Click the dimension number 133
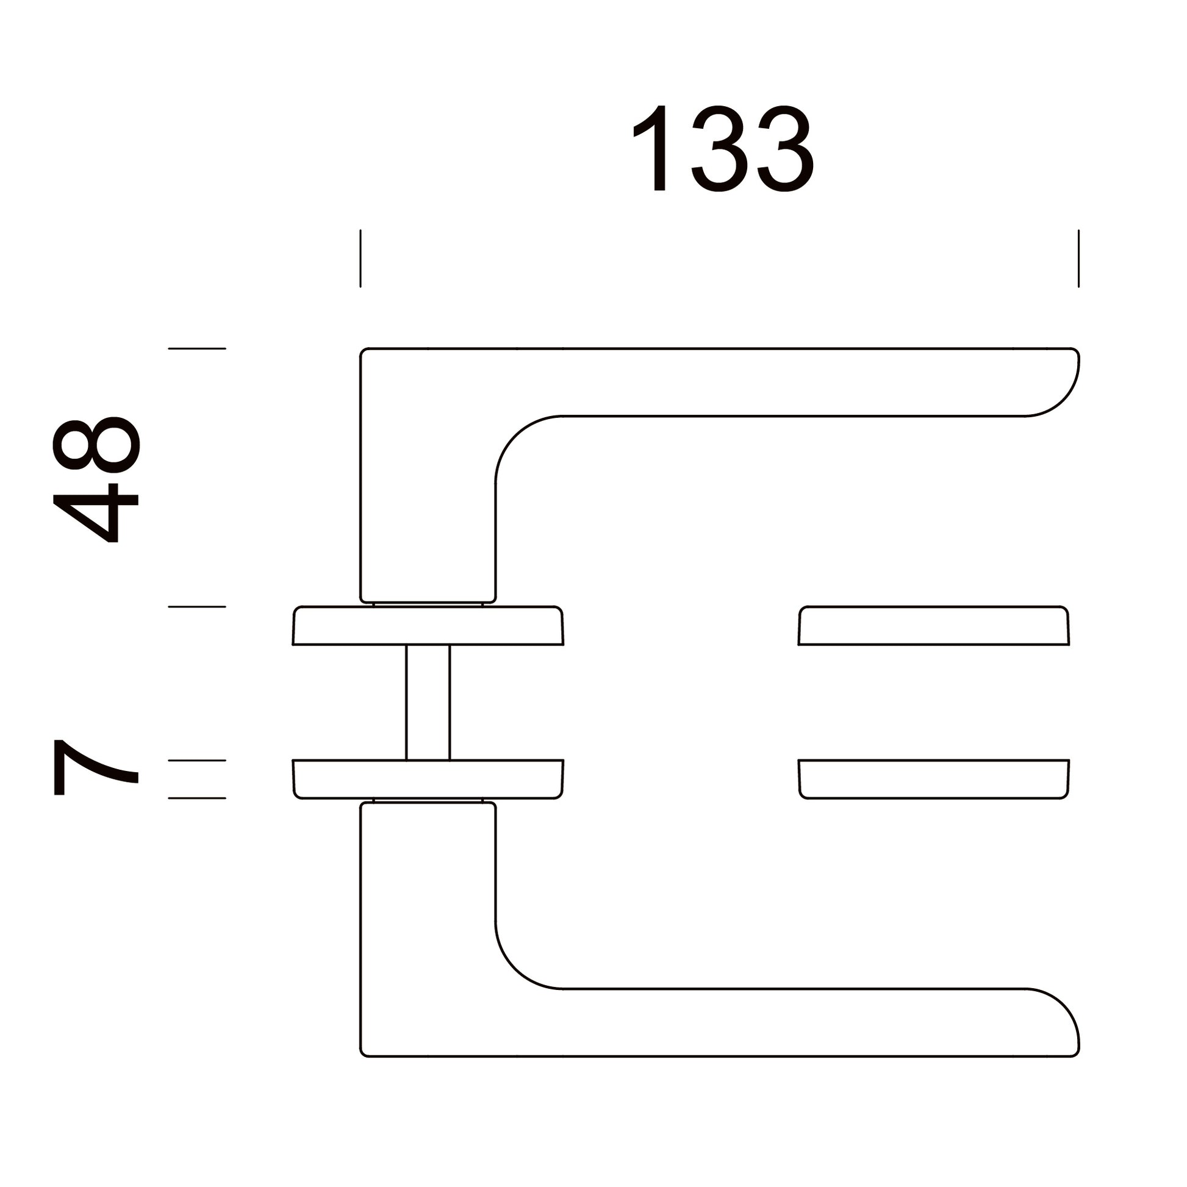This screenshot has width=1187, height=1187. click(x=723, y=149)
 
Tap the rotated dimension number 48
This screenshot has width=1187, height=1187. click(x=96, y=480)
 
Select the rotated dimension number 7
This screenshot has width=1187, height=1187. click(x=96, y=767)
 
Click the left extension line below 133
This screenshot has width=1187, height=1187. click(x=360, y=258)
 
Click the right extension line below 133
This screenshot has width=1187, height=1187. click(x=1078, y=258)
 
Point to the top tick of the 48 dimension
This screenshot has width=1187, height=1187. click(x=197, y=348)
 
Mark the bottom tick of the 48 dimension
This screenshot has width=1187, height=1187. click(x=197, y=607)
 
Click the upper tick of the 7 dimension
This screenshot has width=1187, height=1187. click(x=197, y=761)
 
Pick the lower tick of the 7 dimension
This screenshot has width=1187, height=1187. click(x=197, y=798)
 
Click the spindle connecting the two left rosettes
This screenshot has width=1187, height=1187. click(x=428, y=702)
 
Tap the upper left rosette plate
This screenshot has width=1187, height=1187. click(x=428, y=625)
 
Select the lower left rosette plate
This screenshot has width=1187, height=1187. click(x=428, y=780)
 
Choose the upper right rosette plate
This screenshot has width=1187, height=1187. click(x=934, y=625)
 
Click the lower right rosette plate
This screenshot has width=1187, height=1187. click(x=934, y=780)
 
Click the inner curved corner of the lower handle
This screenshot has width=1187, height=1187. click(x=515, y=969)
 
